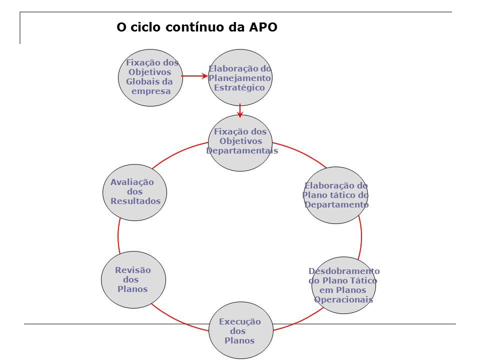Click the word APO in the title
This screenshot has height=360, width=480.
click(263, 27)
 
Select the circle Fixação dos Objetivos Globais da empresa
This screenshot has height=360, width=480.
click(150, 78)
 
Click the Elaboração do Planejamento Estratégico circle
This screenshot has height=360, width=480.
click(240, 78)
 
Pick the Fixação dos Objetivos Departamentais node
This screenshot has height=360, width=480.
click(240, 143)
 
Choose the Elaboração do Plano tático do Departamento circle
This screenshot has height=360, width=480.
click(336, 195)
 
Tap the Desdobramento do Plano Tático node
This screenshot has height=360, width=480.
click(344, 285)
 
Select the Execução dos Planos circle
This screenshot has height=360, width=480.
click(241, 330)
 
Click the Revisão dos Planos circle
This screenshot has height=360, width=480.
click(133, 280)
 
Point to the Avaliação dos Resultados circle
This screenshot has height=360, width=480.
click(134, 192)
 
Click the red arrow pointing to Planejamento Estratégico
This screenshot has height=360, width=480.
click(194, 76)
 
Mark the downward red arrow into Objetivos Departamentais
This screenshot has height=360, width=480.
click(240, 111)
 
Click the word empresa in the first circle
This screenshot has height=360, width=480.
click(151, 91)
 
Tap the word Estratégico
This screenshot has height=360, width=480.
click(239, 88)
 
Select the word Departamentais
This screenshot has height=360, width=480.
click(242, 150)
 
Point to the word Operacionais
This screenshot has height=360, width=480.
click(343, 299)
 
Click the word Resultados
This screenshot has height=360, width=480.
click(135, 201)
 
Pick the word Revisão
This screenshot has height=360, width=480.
click(133, 270)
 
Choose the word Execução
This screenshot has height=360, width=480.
click(240, 321)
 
